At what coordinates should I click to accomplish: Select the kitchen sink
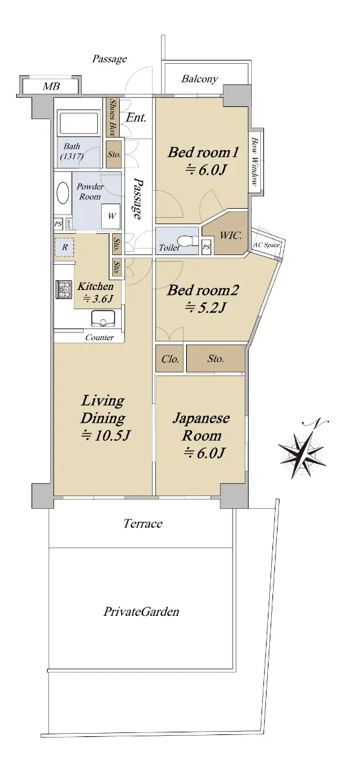[x=103, y=318]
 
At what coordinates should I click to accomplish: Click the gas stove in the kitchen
[x=63, y=289]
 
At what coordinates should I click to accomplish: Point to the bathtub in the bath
[x=79, y=122]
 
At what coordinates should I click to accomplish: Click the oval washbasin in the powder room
[x=62, y=193]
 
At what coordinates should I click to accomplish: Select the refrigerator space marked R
[x=64, y=247]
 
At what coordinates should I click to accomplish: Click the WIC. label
[x=231, y=236]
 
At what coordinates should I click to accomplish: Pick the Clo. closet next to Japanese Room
[x=169, y=359]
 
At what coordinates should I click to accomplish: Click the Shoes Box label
[x=113, y=117]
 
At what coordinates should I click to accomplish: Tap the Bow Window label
[x=256, y=162]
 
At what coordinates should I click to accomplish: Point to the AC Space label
[x=267, y=245]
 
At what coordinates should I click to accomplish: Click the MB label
[x=51, y=86]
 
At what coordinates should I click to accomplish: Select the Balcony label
[x=200, y=79]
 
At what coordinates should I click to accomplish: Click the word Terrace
[x=143, y=524]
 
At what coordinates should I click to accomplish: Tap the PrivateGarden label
[x=142, y=611]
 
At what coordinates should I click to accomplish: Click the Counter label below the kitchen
[x=99, y=338]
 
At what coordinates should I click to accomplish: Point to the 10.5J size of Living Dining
[x=105, y=436]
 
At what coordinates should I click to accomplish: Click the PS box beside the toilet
[x=207, y=247]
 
